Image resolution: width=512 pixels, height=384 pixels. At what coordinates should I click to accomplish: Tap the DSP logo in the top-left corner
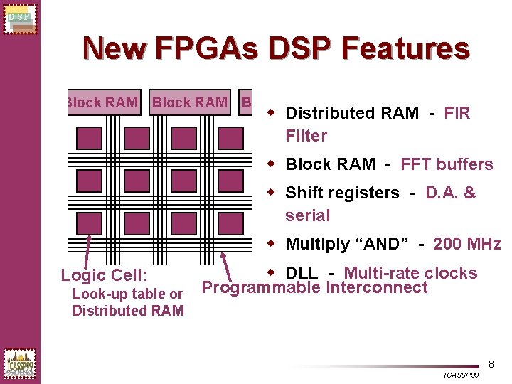[x=19, y=18]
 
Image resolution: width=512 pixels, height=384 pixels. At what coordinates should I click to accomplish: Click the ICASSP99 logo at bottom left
[x=19, y=363]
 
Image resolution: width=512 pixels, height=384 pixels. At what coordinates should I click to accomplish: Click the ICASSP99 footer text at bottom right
[x=461, y=375]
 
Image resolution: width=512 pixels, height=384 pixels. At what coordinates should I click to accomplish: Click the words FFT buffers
[x=447, y=164]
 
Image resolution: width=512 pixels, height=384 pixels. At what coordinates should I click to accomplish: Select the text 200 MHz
[x=466, y=244]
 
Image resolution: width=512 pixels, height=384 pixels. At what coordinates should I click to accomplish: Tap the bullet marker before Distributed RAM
[x=272, y=112]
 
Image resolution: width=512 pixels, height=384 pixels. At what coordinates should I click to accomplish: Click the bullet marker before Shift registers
[x=272, y=192]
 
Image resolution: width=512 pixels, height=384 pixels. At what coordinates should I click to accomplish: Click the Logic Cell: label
[x=104, y=275]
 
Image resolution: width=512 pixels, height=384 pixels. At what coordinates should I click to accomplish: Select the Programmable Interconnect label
[x=315, y=288]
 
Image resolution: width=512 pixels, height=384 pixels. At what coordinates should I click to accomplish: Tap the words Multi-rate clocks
[x=410, y=272]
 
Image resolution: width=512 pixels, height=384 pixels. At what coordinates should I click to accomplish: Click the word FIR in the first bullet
[x=457, y=113]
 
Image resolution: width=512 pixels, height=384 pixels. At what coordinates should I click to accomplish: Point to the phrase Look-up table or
[x=128, y=294]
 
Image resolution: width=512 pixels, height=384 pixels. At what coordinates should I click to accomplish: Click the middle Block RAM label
[x=190, y=102]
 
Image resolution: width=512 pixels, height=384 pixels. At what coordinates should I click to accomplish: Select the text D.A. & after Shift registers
[x=450, y=193]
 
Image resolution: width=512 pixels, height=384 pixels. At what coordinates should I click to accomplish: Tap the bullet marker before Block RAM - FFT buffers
[x=272, y=164]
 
